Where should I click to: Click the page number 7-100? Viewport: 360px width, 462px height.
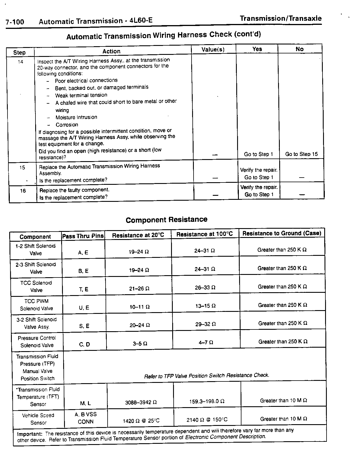click(15, 22)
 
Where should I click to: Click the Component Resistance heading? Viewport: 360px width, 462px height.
click(166, 220)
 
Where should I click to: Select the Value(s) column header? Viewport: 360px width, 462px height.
click(213, 49)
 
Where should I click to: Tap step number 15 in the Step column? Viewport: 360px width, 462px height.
click(22, 167)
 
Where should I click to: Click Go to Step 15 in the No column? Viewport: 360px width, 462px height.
click(301, 154)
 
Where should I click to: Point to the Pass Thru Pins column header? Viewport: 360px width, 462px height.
click(83, 236)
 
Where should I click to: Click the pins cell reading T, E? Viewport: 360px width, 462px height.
click(84, 289)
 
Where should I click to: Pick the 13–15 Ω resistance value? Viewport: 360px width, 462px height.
click(205, 306)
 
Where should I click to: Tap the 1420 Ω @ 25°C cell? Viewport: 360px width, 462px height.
click(141, 421)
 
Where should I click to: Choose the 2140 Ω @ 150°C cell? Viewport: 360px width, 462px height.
click(207, 420)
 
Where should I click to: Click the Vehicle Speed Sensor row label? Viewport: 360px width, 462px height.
click(38, 419)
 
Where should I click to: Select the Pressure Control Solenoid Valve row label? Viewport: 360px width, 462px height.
click(37, 342)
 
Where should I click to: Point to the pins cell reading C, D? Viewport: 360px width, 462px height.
click(85, 344)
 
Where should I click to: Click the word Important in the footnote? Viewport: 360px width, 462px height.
click(30, 434)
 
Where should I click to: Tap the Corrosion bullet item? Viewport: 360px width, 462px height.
click(67, 125)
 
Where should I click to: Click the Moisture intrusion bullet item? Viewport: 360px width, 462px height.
click(76, 117)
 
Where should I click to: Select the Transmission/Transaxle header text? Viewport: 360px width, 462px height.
click(280, 18)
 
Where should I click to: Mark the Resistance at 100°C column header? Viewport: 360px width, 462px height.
click(205, 234)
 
